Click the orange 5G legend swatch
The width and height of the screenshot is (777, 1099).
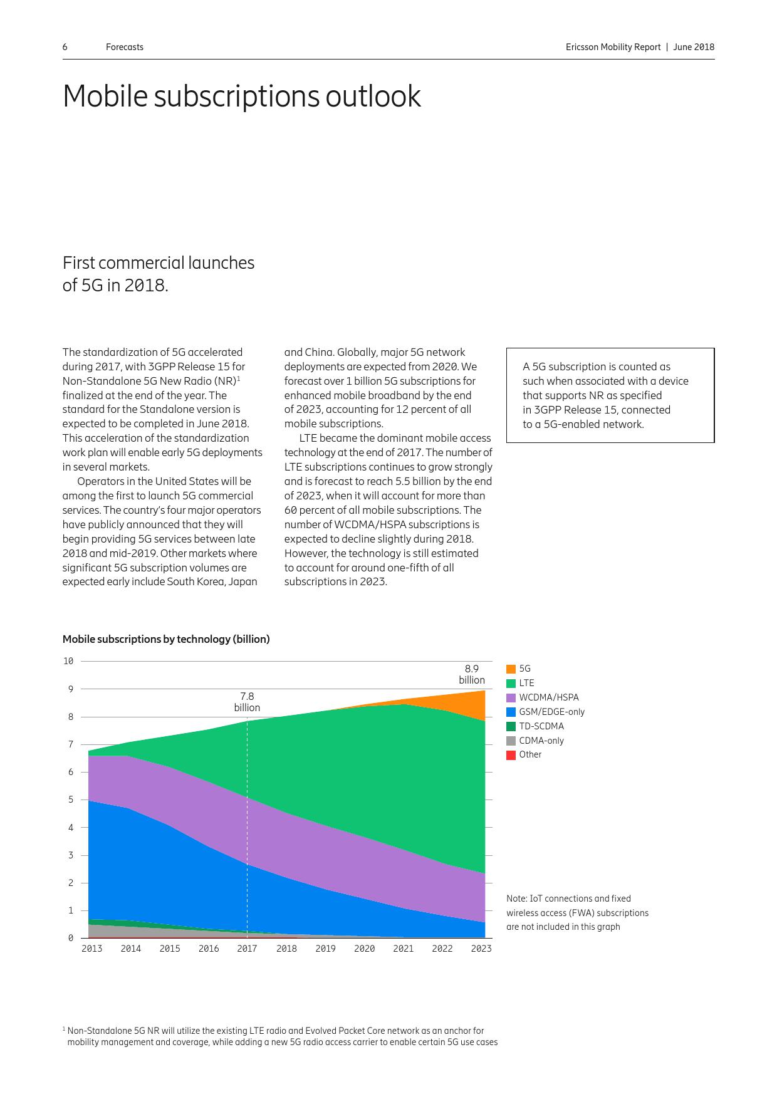coord(511,669)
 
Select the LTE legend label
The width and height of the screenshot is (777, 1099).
coord(526,683)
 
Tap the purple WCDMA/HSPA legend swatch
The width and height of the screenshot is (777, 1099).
coord(511,697)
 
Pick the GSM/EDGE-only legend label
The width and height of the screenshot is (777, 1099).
coord(551,712)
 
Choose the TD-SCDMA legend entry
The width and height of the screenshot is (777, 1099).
coord(541,726)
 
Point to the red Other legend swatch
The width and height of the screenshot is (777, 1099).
coord(511,755)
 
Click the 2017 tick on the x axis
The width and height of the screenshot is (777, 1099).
coord(247,949)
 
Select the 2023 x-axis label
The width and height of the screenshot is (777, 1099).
coord(481,949)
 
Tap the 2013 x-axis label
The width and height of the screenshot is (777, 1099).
coord(91,949)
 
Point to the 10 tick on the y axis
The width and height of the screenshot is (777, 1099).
coord(68,661)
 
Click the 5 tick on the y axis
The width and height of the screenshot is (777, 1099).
coord(71,800)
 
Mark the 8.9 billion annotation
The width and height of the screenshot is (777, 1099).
coord(471,674)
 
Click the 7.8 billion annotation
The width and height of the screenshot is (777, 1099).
coord(247,702)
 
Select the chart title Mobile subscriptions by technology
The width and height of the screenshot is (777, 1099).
coord(166,639)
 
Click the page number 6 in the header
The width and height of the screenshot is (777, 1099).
coord(65,47)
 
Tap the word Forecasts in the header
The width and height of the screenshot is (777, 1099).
coord(125,47)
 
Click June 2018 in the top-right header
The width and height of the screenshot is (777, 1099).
coord(694,47)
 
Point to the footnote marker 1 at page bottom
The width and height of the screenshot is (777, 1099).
coord(64,1029)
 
